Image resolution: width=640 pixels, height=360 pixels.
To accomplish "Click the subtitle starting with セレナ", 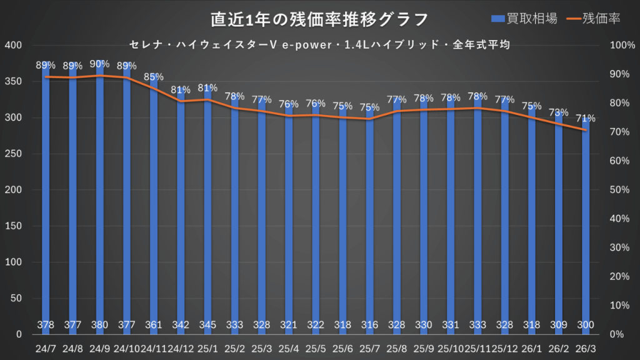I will point(319,45).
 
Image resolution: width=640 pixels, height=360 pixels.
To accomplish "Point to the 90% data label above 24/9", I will point(100,64).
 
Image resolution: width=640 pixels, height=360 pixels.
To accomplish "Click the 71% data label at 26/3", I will point(586,118).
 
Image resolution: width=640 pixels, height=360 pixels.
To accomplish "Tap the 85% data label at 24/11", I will point(154,77).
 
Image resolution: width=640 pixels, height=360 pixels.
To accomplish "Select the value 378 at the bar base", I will point(46,325).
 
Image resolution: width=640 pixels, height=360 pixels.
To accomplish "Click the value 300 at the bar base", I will point(586,325).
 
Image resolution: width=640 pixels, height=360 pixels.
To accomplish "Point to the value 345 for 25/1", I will point(207,325).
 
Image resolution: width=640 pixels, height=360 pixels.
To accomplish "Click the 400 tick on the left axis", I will point(13,46).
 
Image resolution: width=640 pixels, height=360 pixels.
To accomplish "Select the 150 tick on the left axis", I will point(13,226).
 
